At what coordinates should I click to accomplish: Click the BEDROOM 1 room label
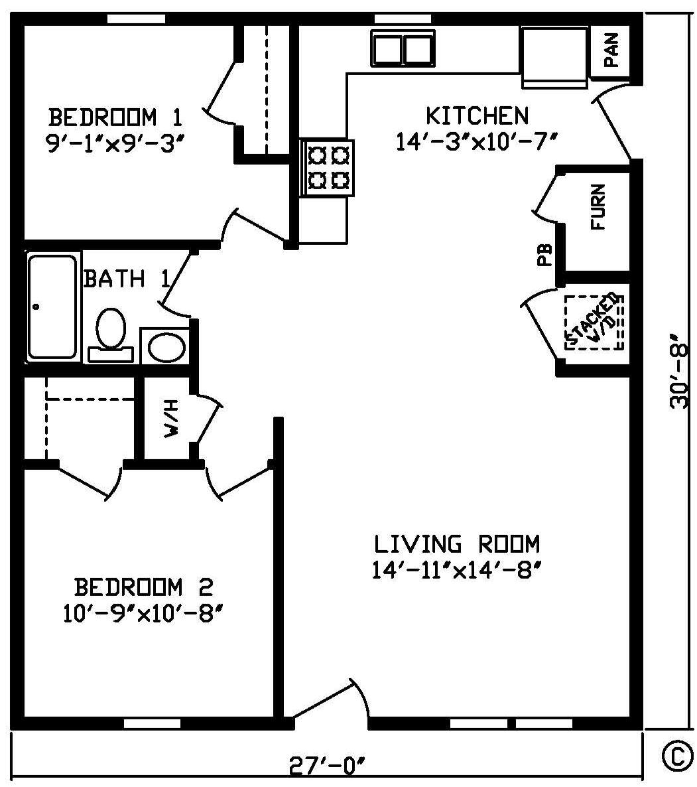pos(115,117)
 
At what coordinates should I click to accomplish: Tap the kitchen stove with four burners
pos(327,168)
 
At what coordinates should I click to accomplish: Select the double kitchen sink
pos(403,48)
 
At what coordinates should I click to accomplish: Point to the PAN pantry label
pos(611,50)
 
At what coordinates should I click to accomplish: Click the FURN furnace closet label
pos(598,207)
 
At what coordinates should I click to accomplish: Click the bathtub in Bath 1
pos(52,307)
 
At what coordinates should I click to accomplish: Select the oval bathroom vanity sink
pos(166,346)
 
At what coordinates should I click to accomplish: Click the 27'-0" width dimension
pos(326,766)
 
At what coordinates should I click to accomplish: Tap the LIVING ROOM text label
pos(458,544)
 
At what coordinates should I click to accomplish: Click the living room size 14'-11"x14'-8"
pos(458,570)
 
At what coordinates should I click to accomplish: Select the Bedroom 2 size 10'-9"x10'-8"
pos(143,613)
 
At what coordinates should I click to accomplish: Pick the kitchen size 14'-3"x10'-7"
pos(477,141)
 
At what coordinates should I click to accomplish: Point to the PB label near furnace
pos(544,255)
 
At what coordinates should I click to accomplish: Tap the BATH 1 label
pos(127,279)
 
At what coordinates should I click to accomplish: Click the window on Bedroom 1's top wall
pos(137,19)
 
